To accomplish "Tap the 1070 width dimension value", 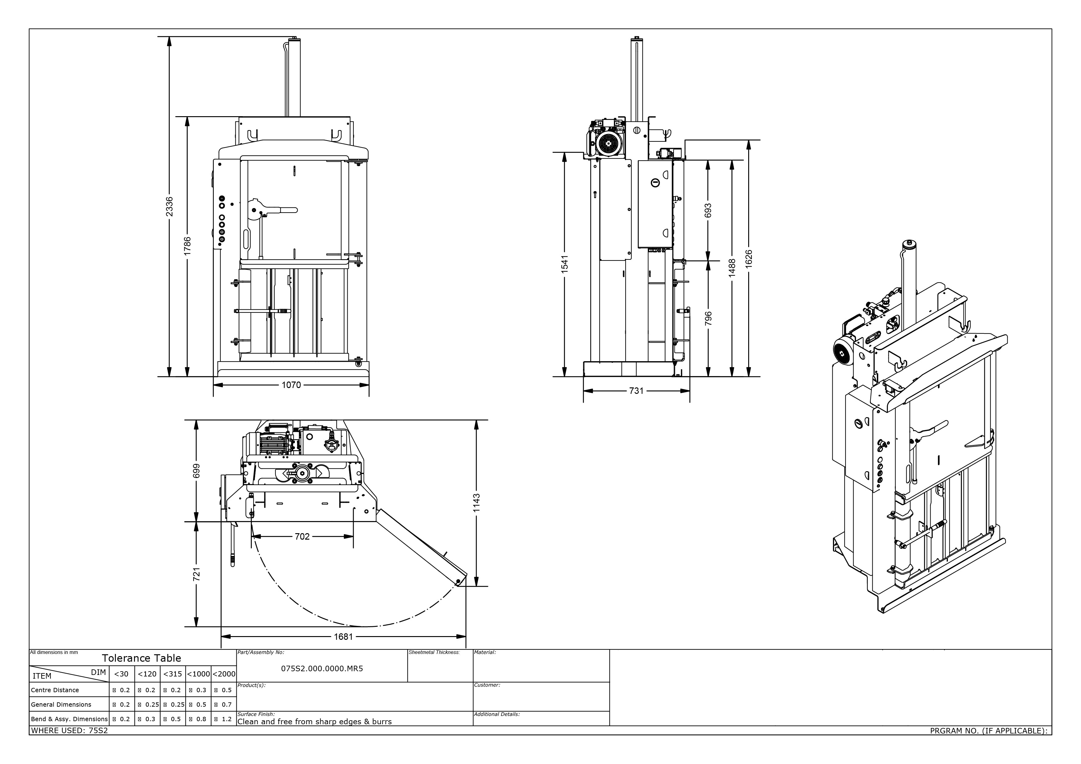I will click(x=291, y=385).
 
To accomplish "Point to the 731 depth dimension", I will click(x=636, y=391).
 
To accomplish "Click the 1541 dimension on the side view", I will click(x=565, y=264).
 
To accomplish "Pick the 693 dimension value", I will click(x=708, y=210).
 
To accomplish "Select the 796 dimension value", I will click(x=708, y=318).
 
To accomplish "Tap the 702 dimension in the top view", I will click(x=302, y=536).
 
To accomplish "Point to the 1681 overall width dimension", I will click(x=343, y=637).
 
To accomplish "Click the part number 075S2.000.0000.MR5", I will click(x=322, y=668).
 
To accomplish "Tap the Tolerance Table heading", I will click(x=141, y=658).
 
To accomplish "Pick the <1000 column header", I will click(x=198, y=674).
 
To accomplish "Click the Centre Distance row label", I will click(x=55, y=690).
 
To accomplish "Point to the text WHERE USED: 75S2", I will click(x=69, y=731).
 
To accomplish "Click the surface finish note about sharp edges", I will click(x=315, y=722).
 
